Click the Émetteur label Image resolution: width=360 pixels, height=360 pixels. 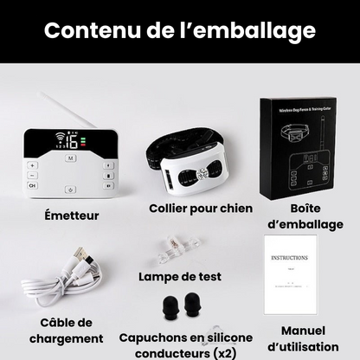[71, 215]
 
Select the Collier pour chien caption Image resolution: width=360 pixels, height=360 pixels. [201, 208]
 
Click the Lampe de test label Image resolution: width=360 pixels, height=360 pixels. [180, 277]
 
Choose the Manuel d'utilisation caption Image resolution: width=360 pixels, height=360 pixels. [303, 338]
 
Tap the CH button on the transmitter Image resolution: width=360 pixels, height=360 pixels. [33, 185]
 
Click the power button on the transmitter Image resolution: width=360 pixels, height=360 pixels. [70, 190]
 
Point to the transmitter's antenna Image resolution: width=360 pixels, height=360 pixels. [71, 111]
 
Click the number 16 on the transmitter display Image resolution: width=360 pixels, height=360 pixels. [72, 142]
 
